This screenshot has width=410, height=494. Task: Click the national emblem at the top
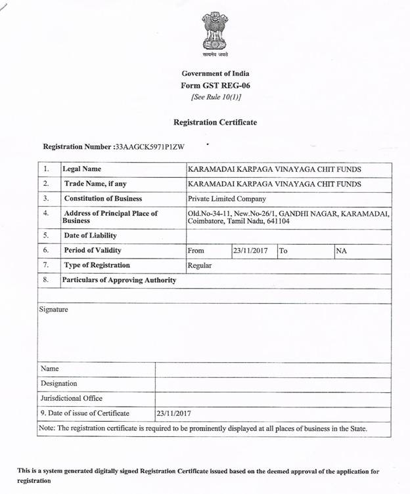(x=215, y=34)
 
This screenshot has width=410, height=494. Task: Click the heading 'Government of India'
(x=215, y=73)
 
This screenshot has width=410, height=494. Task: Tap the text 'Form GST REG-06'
(x=215, y=85)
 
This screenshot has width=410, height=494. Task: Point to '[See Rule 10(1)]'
(x=215, y=97)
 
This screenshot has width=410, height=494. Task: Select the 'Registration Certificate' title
(x=215, y=122)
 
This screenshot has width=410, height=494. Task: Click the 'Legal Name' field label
(x=81, y=169)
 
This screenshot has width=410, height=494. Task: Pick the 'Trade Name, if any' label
(x=95, y=184)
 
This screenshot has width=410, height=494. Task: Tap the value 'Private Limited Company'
(x=227, y=199)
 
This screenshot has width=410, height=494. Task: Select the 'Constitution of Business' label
(x=102, y=199)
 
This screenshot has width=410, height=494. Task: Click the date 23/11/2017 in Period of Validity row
(x=251, y=251)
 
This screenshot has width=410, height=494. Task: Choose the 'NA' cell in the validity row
(x=342, y=251)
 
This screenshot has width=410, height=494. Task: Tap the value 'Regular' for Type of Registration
(x=200, y=266)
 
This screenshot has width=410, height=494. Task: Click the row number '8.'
(x=46, y=280)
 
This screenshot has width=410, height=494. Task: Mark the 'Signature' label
(x=53, y=309)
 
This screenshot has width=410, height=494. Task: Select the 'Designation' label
(x=58, y=383)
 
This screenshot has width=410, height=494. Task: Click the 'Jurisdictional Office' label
(x=72, y=398)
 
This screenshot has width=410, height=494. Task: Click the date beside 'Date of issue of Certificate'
(x=173, y=413)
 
